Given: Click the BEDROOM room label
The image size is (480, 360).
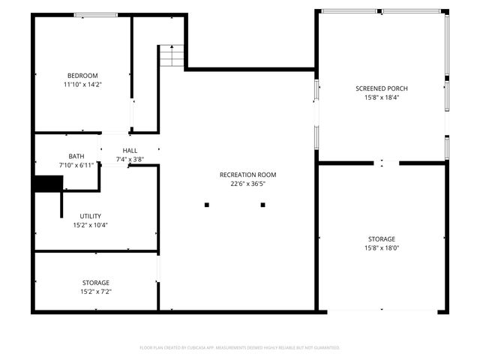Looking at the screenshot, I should pyautogui.click(x=82, y=75).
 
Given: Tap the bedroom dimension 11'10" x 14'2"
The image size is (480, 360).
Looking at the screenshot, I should pyautogui.click(x=82, y=85).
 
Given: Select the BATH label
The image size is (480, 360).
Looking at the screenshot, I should pyautogui.click(x=76, y=156).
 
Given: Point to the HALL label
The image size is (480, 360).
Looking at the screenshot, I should pyautogui.click(x=130, y=151).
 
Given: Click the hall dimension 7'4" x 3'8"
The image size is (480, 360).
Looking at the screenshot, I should pyautogui.click(x=130, y=160).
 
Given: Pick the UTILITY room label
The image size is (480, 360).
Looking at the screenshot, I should pyautogui.click(x=91, y=216).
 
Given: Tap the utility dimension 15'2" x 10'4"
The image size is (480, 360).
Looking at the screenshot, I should pyautogui.click(x=91, y=225).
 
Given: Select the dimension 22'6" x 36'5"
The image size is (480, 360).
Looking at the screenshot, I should pyautogui.click(x=248, y=184).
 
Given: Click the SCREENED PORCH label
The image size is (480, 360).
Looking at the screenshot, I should pyautogui.click(x=382, y=88).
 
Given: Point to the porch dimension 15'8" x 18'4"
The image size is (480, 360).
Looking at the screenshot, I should pyautogui.click(x=382, y=97).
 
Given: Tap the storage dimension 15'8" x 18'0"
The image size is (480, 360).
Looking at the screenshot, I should pyautogui.click(x=382, y=248).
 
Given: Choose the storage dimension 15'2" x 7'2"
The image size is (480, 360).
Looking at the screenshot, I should pyautogui.click(x=96, y=292).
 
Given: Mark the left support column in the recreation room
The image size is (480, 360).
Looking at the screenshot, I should pyautogui.click(x=207, y=204).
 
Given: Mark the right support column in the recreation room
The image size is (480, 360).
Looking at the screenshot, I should pyautogui.click(x=262, y=204).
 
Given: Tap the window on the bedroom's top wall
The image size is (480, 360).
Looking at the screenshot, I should pyautogui.click(x=95, y=14).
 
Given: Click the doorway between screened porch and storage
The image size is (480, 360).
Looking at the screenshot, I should pyautogui.click(x=382, y=163).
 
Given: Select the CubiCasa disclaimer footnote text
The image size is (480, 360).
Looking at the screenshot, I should pyautogui.click(x=240, y=348).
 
